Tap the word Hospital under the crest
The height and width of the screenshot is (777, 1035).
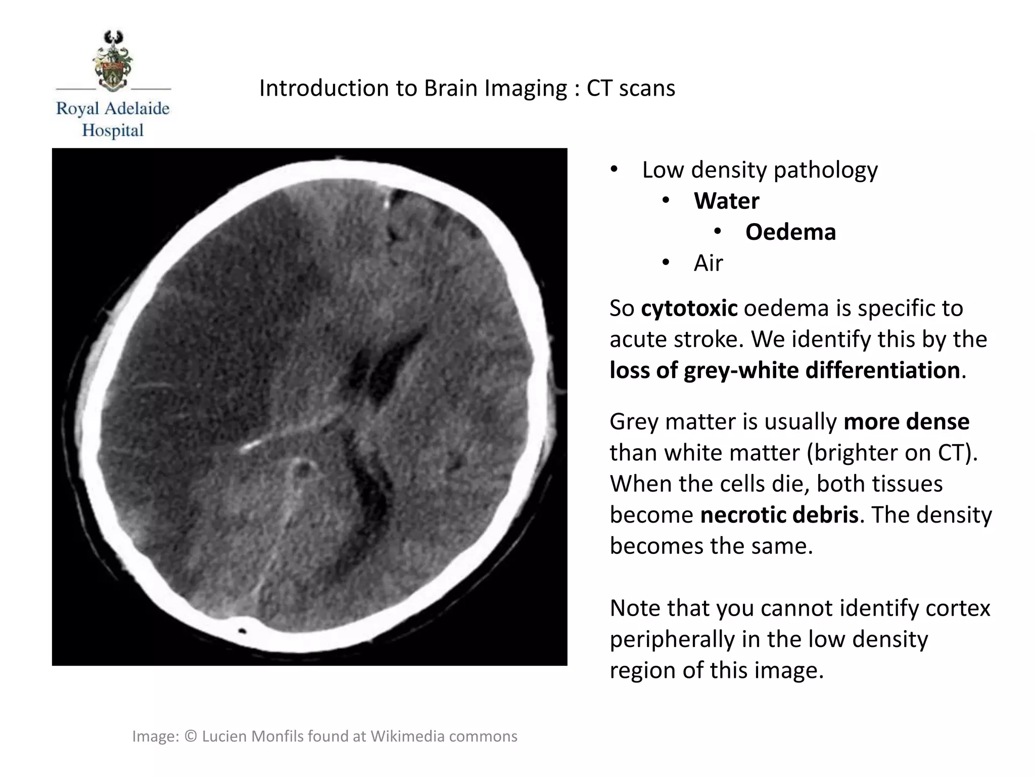pos(113,131)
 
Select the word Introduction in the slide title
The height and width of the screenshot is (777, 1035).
pos(323,88)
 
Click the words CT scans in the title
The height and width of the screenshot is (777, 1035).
pos(630,88)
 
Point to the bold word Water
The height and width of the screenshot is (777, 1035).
pos(726,201)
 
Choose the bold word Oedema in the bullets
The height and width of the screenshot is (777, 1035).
pos(790,232)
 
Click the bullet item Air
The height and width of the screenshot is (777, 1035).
pos(708,263)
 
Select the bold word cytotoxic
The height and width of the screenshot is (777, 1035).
pos(689,308)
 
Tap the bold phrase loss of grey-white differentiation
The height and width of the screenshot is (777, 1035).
pos(784,370)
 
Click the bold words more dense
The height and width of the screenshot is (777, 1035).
pos(906,421)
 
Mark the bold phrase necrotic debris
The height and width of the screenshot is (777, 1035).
pos(779,514)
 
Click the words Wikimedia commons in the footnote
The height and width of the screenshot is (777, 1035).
pos(444,736)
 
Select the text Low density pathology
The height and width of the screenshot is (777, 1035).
pos(760,169)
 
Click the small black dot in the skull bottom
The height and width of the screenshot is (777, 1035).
pos(242,631)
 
